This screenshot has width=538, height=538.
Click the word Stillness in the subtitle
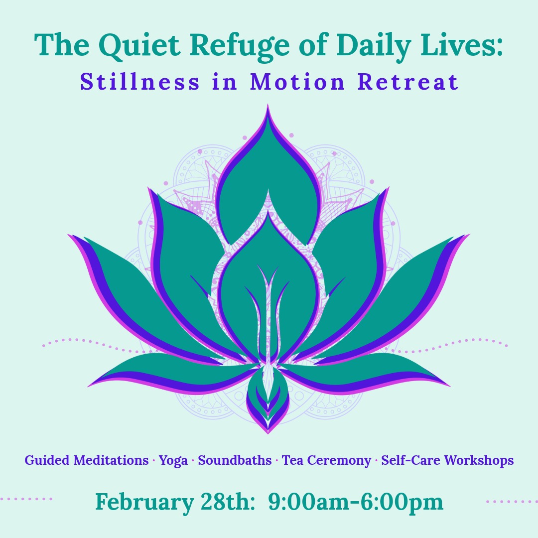[139, 82]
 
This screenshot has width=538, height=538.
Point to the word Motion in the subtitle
[297, 82]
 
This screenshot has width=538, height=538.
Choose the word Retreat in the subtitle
[408, 82]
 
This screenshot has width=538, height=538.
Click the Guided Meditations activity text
[87, 460]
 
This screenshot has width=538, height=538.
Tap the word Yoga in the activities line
[173, 461]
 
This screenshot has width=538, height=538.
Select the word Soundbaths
[235, 460]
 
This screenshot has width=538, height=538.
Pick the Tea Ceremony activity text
[326, 461]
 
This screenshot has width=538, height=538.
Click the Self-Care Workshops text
[447, 461]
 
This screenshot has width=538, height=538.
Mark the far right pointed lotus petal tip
[469, 235]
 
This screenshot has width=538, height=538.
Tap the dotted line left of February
[26, 499]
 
